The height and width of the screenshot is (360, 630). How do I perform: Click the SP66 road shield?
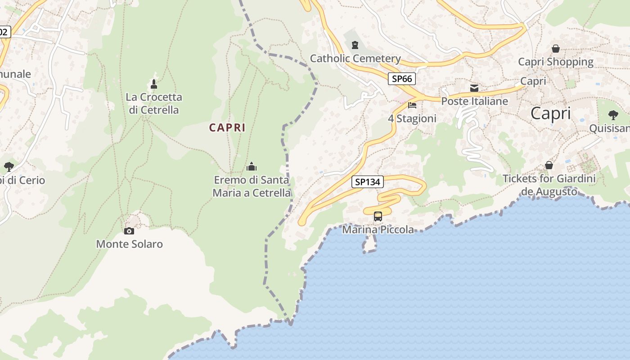click(x=402, y=79)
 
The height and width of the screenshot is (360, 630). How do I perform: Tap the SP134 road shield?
click(x=368, y=182)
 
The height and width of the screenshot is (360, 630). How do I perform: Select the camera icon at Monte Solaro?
click(x=129, y=231)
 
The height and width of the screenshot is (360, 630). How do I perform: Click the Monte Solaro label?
click(x=130, y=244)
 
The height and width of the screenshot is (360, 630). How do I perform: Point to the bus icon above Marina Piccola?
click(x=378, y=216)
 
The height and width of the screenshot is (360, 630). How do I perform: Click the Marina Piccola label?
click(x=378, y=229)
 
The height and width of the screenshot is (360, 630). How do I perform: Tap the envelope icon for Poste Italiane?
click(x=474, y=88)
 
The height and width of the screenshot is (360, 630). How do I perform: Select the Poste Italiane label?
click(x=474, y=101)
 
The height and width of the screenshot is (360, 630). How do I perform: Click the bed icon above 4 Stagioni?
click(x=412, y=105)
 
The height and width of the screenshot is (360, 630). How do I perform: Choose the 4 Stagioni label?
click(x=412, y=118)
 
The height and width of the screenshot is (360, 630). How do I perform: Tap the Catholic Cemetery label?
click(x=355, y=58)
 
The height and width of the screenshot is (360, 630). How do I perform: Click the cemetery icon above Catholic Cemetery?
click(x=355, y=45)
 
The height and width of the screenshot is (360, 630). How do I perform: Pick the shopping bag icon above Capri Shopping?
click(x=556, y=49)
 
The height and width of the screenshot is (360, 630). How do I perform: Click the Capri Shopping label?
click(x=556, y=62)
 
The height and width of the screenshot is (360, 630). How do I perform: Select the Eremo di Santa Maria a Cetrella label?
click(x=252, y=186)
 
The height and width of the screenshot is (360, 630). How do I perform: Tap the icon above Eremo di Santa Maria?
click(x=252, y=167)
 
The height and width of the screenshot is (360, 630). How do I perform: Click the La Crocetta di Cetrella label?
click(x=154, y=103)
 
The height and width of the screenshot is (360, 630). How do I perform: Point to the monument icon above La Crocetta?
click(x=154, y=84)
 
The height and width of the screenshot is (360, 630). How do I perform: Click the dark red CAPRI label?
click(x=227, y=127)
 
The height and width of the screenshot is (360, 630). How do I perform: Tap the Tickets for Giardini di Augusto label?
click(x=549, y=185)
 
